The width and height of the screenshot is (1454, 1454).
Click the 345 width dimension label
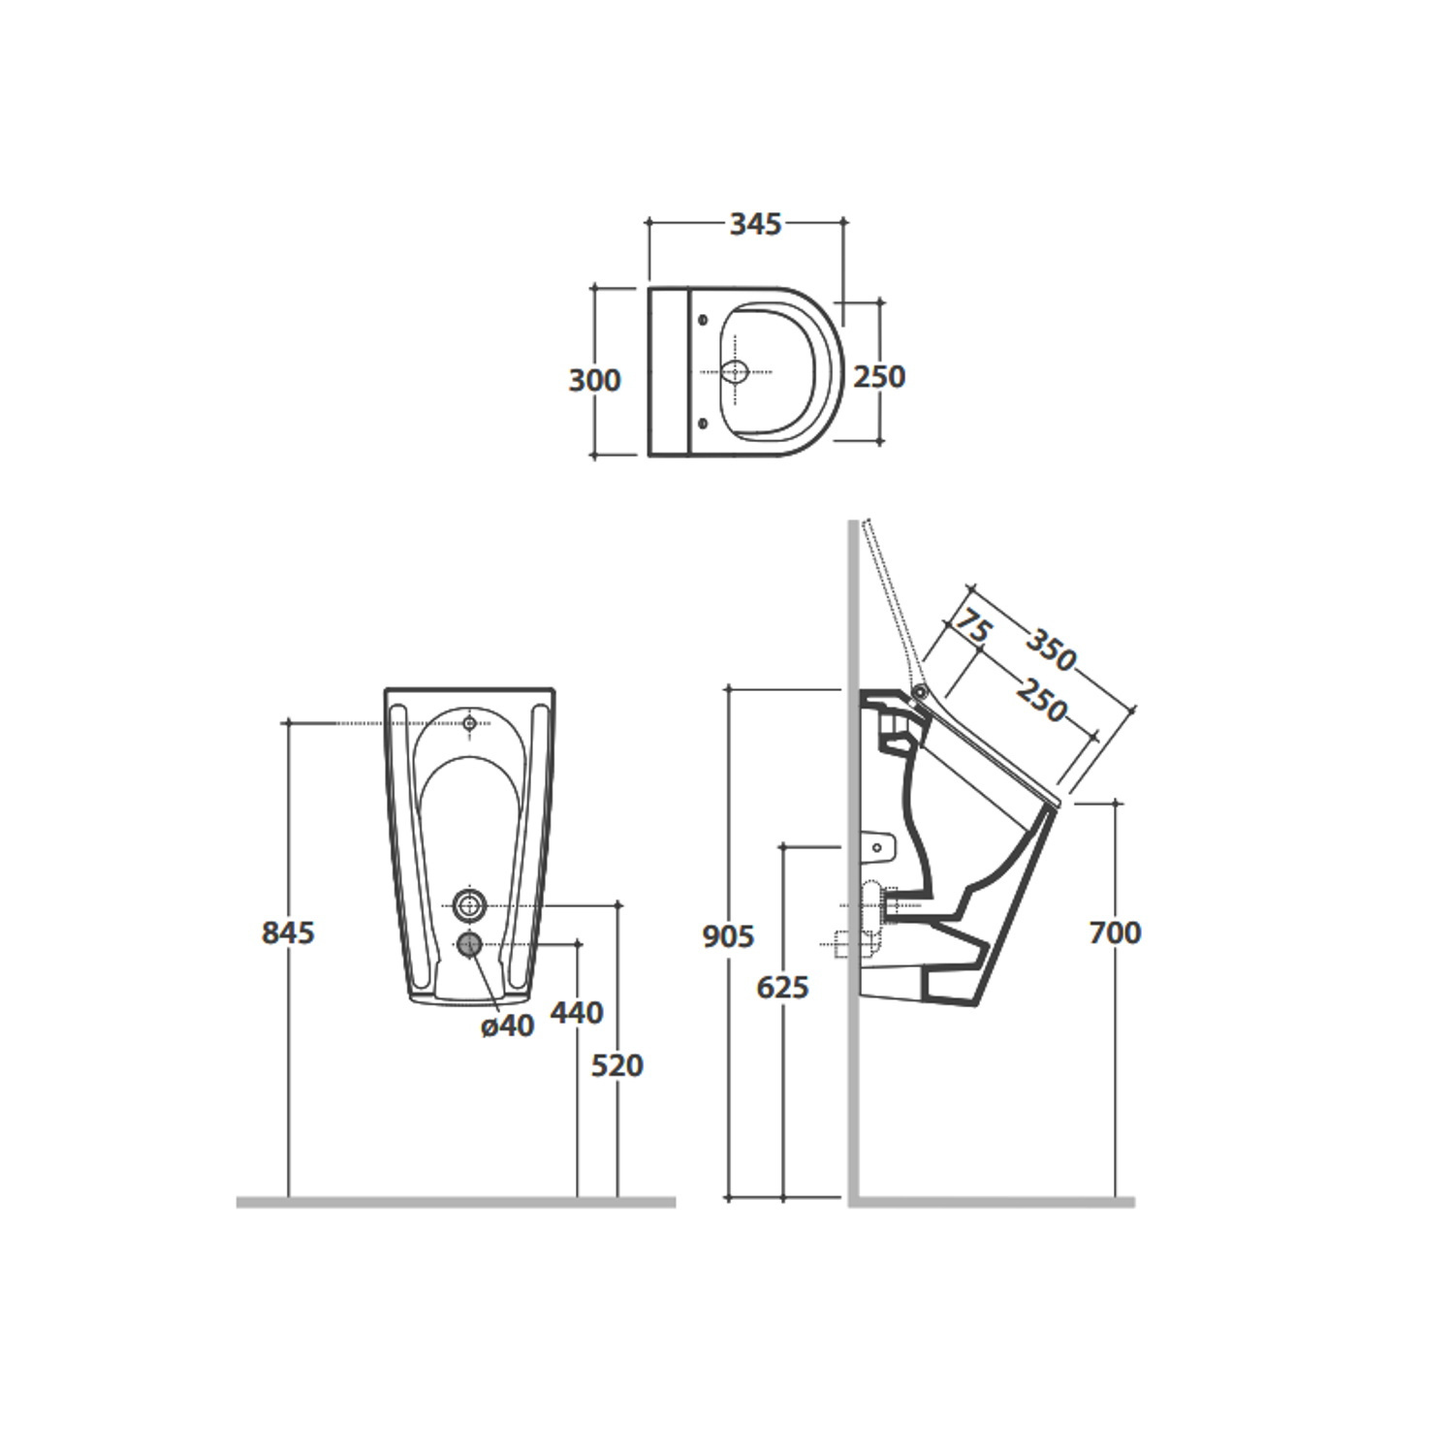755,224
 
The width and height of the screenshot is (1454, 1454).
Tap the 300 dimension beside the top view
594,380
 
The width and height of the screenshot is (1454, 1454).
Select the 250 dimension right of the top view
879,376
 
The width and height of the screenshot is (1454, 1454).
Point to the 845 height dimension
289,932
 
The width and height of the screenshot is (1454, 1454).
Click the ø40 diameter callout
508,1025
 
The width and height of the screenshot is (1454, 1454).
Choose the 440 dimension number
577,1012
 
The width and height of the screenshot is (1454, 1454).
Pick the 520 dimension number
617,1065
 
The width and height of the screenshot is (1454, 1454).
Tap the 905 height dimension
728,936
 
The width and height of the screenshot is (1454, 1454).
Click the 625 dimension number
782,988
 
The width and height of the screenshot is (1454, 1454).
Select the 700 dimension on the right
1116,932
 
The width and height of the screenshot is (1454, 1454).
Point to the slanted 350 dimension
1052,650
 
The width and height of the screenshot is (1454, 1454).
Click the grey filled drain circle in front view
470,944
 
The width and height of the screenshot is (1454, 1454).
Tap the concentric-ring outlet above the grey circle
470,904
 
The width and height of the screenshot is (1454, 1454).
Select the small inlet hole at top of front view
470,723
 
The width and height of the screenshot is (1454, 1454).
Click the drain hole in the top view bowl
737,371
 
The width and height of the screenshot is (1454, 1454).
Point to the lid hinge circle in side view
919,691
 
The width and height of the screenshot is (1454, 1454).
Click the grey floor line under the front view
456,1202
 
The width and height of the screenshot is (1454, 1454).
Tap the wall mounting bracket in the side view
877,845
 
